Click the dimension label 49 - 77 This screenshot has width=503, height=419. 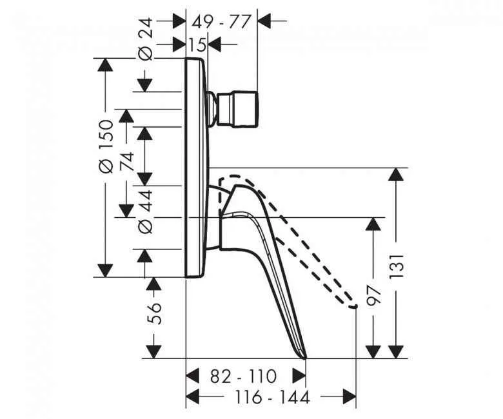tap(221, 22)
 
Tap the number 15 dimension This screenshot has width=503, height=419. tap(199, 44)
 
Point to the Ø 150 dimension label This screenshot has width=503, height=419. tap(106, 146)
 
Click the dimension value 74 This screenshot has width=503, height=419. tap(126, 161)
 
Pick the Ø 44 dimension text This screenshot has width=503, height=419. tap(145, 211)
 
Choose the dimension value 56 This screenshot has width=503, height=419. tap(154, 313)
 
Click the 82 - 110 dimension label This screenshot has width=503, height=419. tap(244, 376)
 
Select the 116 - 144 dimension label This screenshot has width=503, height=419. tap(272, 398)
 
